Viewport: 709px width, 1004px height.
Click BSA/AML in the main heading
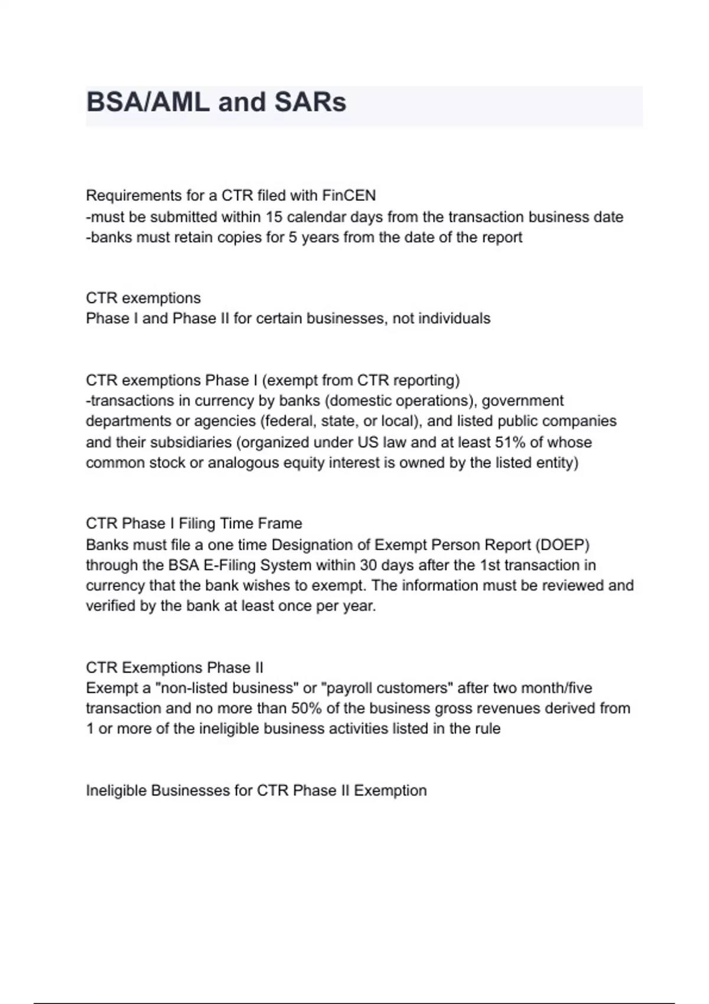148,102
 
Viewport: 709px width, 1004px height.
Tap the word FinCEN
349,195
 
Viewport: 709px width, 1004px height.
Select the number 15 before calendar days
274,217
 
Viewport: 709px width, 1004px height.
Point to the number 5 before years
292,237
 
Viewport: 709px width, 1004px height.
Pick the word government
522,401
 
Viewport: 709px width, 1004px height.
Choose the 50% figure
306,708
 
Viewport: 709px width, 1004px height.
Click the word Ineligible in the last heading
116,791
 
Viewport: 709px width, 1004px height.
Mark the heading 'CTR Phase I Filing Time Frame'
194,524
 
